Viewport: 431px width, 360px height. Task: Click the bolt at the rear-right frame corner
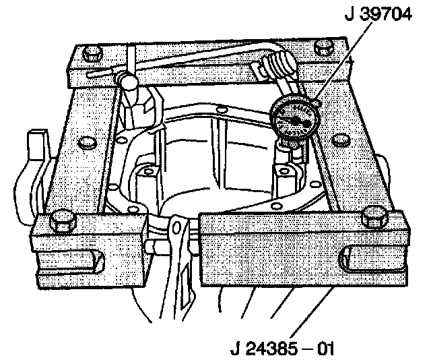tap(325, 49)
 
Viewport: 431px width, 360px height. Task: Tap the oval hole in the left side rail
tap(85, 143)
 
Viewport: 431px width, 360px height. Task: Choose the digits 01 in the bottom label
tap(325, 349)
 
